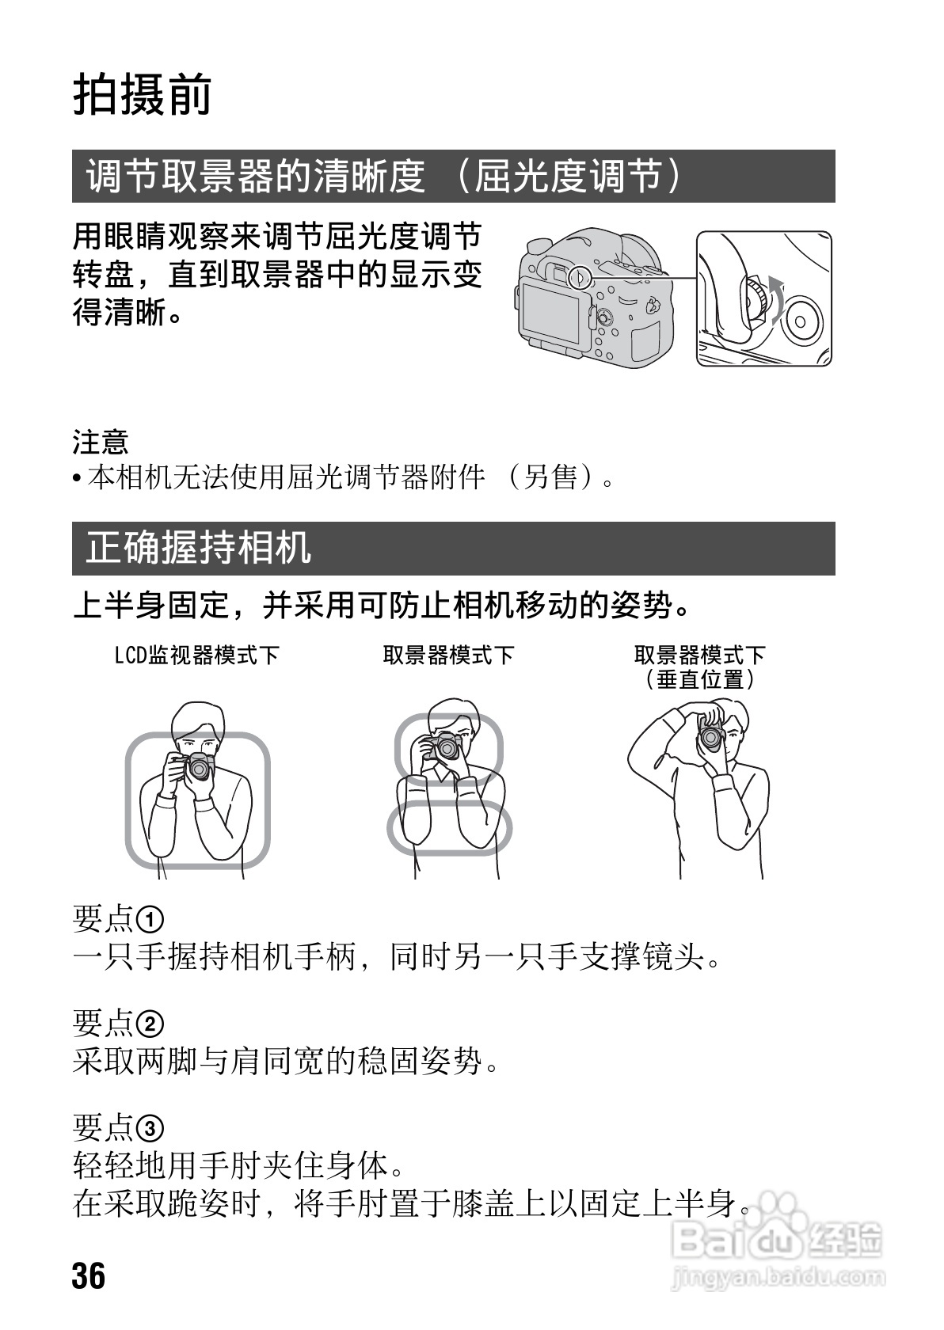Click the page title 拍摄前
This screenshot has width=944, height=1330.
click(143, 96)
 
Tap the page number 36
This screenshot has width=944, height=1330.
click(89, 1275)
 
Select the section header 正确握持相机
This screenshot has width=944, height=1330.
click(198, 548)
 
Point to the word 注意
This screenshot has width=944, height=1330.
click(101, 442)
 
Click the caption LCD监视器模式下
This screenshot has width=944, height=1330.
click(197, 655)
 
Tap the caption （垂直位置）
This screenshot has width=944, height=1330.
click(699, 679)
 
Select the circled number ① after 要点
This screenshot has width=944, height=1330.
click(150, 920)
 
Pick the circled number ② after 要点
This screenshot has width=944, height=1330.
click(150, 1024)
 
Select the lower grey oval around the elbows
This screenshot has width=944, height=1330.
click(449, 827)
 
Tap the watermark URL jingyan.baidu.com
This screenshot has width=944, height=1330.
click(777, 1276)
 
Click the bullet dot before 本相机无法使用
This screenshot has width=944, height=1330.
click(77, 479)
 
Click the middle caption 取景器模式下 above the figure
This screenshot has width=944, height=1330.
click(448, 655)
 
